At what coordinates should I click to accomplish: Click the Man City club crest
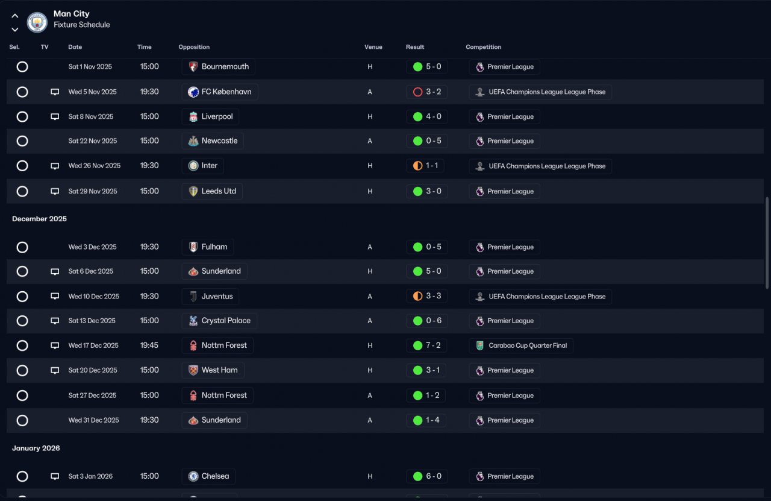coord(37,22)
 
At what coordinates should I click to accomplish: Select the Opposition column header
coord(194,47)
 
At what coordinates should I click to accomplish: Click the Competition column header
coord(483,47)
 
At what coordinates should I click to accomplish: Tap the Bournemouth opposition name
coord(225,66)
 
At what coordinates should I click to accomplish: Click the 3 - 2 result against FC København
coord(433,92)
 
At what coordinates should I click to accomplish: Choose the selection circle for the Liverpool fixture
coord(22,117)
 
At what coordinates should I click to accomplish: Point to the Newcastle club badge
coord(193,141)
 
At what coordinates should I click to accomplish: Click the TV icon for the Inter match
coord(55,166)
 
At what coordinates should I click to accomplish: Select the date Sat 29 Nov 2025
coord(93,191)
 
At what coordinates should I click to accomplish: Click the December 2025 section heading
coord(39,219)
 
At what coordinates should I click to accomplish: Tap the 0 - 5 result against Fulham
coord(433,247)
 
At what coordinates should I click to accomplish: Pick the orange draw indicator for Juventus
coord(417,297)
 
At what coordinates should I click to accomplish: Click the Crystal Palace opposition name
coord(226,321)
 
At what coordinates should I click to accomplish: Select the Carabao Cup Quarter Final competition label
coord(528,345)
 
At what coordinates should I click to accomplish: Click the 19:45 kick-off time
coord(149,345)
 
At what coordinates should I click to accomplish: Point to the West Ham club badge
coord(193,370)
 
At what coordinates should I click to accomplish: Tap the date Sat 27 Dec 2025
coord(92,395)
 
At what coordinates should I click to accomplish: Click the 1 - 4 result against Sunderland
coord(432,420)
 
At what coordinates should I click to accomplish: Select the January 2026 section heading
coord(36,448)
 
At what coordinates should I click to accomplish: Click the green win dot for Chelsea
coord(417,476)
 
